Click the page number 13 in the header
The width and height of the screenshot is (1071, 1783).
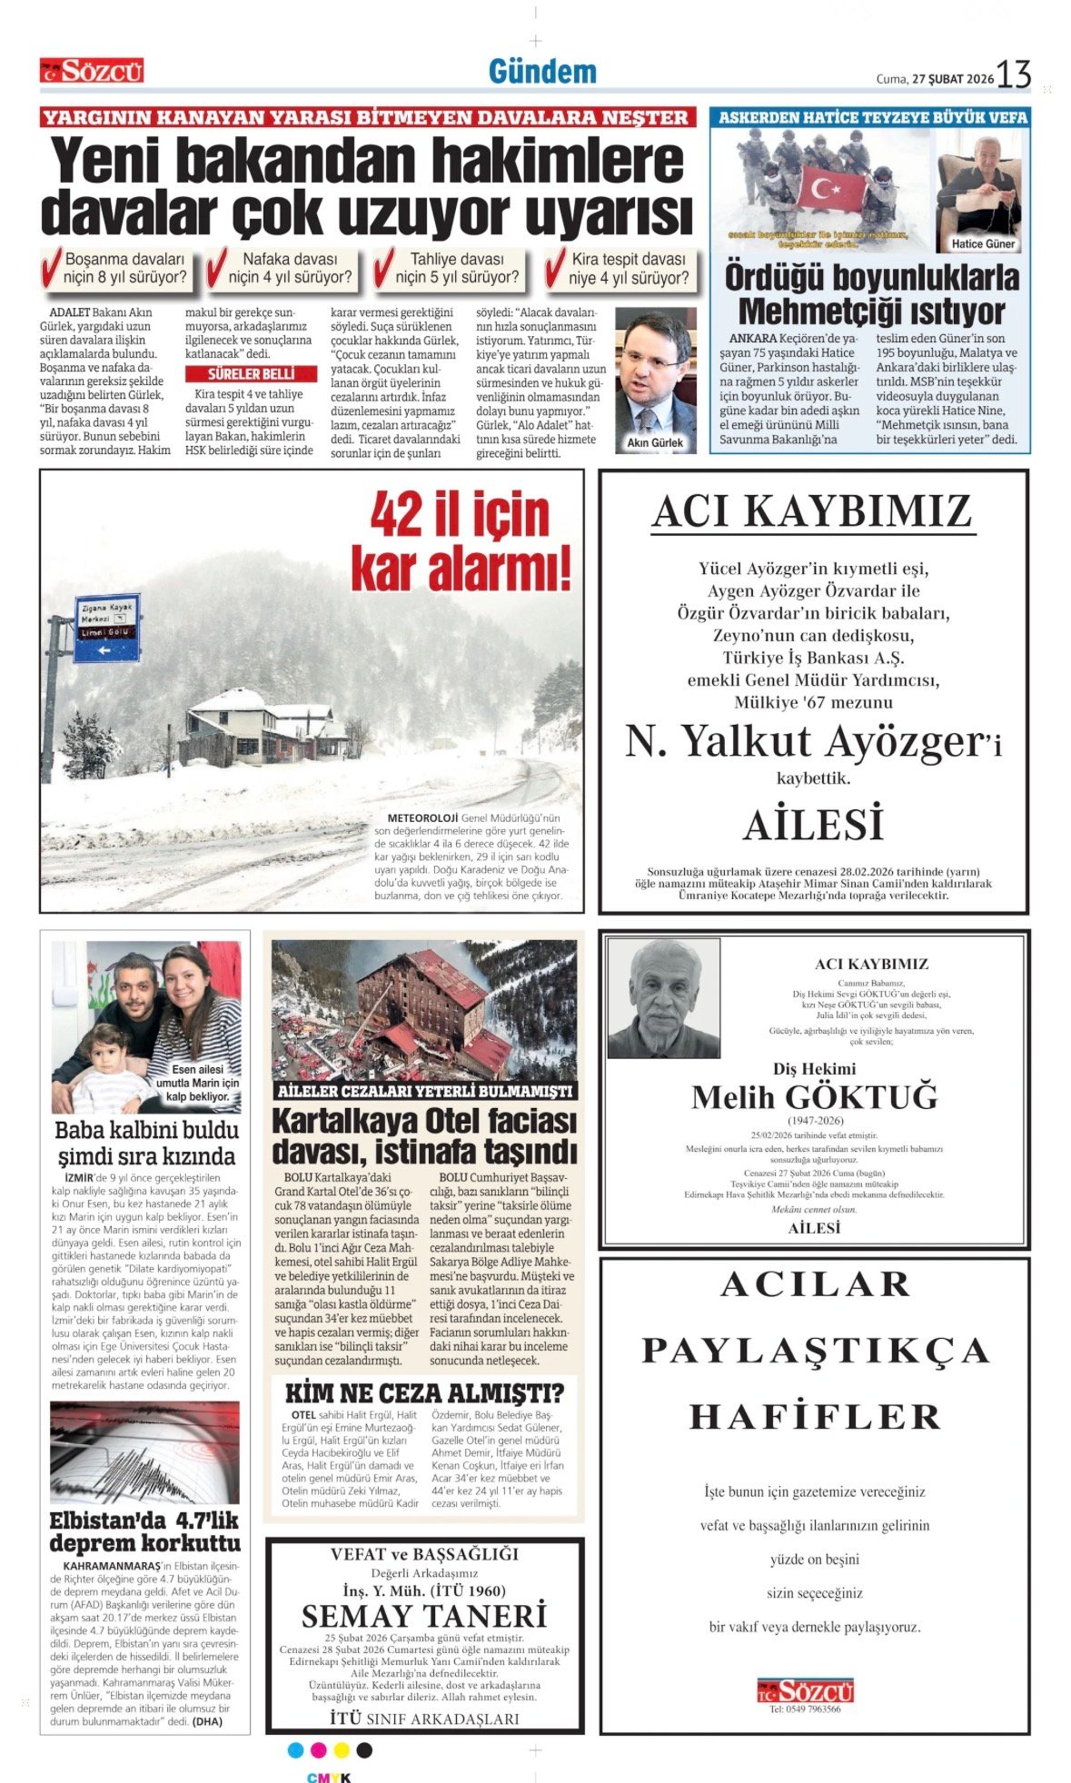tap(1014, 74)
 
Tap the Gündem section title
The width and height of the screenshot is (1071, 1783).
tap(542, 72)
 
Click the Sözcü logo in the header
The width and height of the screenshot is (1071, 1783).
tap(92, 71)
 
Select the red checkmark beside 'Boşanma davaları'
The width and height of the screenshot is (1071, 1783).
tap(51, 269)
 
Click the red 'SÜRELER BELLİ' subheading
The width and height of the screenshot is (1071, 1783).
tap(251, 374)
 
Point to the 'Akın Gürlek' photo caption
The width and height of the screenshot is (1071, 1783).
tap(655, 443)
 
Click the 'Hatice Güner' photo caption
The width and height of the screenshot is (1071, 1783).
tap(984, 244)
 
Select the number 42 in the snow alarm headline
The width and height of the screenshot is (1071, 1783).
tap(397, 516)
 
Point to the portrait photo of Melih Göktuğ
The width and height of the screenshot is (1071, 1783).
tap(663, 998)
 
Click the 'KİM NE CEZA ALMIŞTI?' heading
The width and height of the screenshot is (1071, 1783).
tap(424, 1393)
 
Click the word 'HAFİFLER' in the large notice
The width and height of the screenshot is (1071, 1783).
tap(814, 1417)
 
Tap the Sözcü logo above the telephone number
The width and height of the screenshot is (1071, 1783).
tap(806, 1690)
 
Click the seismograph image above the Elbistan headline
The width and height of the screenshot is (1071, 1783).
tap(144, 1452)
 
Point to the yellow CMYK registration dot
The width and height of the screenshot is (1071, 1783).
tap(342, 1750)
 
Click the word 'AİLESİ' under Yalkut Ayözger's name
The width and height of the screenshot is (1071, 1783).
tap(814, 825)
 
